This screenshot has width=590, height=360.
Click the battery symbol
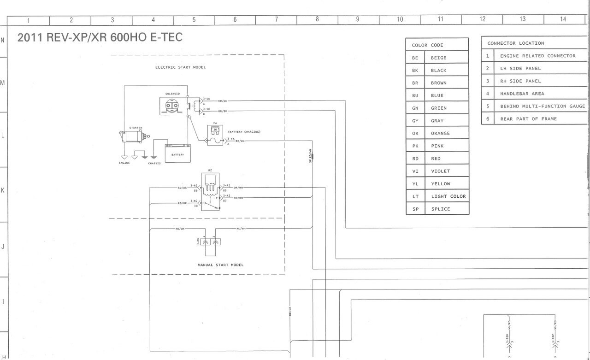coord(177,152)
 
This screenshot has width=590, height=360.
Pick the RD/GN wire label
coord(223,100)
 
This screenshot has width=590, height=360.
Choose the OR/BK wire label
coord(223,111)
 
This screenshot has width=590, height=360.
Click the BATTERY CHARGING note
coord(244,132)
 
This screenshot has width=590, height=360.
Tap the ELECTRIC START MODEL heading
coord(180,67)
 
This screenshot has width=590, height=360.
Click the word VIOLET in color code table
coord(441,171)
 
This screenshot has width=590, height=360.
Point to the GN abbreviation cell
coord(415,108)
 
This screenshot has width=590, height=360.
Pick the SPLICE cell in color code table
coord(441,209)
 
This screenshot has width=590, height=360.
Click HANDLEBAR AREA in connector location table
coord(522,94)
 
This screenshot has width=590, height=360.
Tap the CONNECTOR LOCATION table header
coord(515,43)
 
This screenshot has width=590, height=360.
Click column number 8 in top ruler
coord(317,19)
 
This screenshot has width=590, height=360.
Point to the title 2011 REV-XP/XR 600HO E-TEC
coord(100,37)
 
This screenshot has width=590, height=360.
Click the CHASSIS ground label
coord(154,163)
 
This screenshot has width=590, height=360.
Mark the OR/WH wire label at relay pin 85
coord(238,188)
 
